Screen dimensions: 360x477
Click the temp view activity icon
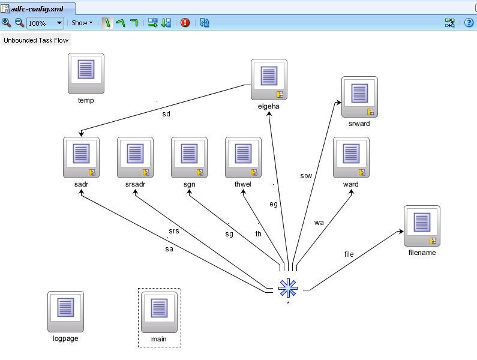click(x=86, y=73)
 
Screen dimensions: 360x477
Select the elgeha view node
click(x=268, y=79)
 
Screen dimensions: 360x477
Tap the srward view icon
click(x=359, y=97)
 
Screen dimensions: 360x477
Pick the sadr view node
click(x=81, y=157)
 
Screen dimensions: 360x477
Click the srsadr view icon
click(x=135, y=157)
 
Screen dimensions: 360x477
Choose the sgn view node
click(x=189, y=157)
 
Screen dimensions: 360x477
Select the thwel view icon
click(x=243, y=157)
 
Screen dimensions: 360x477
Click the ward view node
click(x=350, y=157)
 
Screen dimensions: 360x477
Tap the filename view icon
click(x=421, y=226)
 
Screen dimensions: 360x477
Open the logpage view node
click(x=65, y=311)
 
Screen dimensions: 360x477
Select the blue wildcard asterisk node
click(x=288, y=288)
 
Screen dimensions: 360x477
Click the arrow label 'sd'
click(x=166, y=113)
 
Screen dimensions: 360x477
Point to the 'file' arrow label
click(x=349, y=254)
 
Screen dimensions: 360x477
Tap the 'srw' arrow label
click(x=305, y=176)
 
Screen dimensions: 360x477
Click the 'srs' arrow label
click(x=173, y=232)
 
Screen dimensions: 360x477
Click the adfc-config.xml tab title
click(x=37, y=9)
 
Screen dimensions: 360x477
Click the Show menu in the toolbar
click(x=82, y=23)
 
